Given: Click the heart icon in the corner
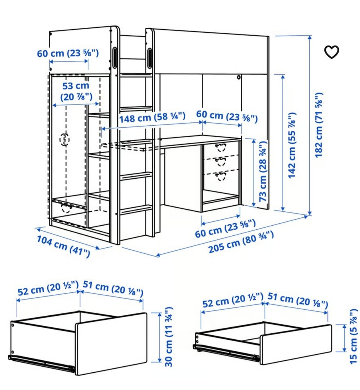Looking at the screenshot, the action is pyautogui.click(x=331, y=52).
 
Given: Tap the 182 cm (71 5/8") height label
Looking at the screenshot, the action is pyautogui.click(x=319, y=125).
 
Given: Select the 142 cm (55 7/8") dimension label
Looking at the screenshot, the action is pyautogui.click(x=292, y=145).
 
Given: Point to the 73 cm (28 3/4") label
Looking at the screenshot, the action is pyautogui.click(x=262, y=171).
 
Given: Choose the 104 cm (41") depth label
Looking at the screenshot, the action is pyautogui.click(x=63, y=246).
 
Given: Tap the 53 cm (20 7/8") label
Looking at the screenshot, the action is pyautogui.click(x=76, y=91).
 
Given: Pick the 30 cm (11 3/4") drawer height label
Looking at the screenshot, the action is pyautogui.click(x=169, y=337).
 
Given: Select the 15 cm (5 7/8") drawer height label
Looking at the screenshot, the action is pyautogui.click(x=354, y=337).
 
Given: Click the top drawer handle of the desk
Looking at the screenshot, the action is pyautogui.click(x=220, y=148).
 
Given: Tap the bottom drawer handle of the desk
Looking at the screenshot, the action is pyautogui.click(x=220, y=176).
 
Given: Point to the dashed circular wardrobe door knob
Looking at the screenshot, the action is pyautogui.click(x=64, y=140).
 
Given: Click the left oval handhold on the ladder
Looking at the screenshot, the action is pyautogui.click(x=115, y=58).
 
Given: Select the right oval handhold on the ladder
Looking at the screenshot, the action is pyautogui.click(x=150, y=58).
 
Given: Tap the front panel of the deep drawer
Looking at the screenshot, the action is pyautogui.click(x=111, y=344).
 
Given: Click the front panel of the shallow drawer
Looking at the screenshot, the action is pyautogui.click(x=296, y=345).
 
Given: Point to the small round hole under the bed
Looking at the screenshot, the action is pyautogui.click(x=239, y=77).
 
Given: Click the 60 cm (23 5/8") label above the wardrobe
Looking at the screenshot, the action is pyautogui.click(x=68, y=53).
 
